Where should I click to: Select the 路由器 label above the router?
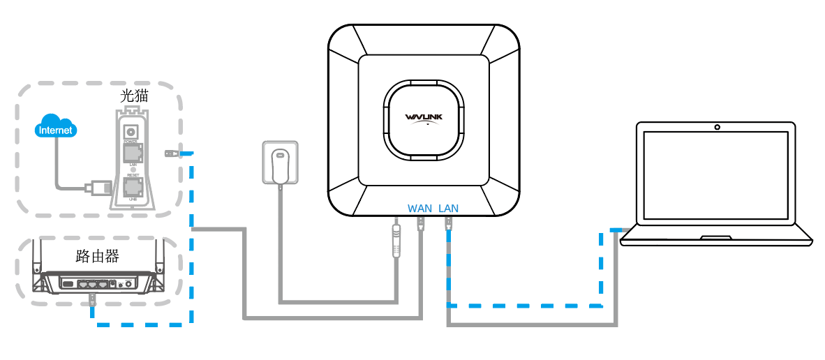[x=97, y=256]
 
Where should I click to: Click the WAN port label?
[x=420, y=208]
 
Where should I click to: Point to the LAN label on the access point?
[x=449, y=208]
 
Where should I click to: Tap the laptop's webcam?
[x=717, y=128]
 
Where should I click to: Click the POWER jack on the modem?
[x=130, y=131]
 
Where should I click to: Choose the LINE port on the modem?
[x=131, y=187]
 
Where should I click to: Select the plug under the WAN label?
[x=420, y=224]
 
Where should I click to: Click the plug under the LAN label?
[x=448, y=224]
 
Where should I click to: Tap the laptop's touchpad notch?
[x=716, y=237]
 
